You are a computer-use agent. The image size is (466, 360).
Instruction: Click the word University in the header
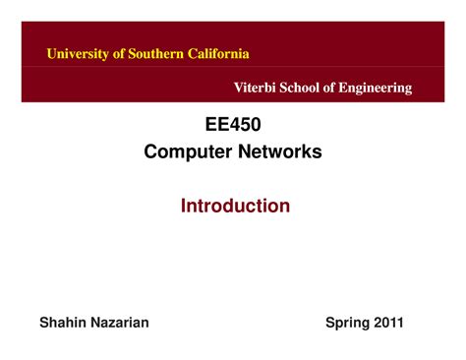[78, 53]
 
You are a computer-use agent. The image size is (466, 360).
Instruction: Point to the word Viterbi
[254, 89]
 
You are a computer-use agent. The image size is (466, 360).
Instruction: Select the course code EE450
[232, 126]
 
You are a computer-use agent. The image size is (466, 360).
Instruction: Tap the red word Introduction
[235, 206]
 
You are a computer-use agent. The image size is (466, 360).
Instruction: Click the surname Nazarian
[121, 322]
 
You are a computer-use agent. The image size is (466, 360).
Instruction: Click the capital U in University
[52, 53]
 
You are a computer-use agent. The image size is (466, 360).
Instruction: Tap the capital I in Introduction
[183, 206]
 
